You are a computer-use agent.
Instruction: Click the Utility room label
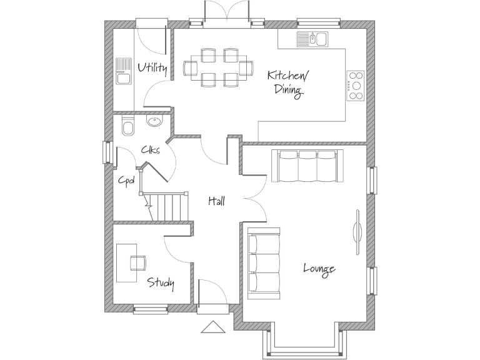(x=152, y=67)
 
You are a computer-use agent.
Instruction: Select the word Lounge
(x=319, y=269)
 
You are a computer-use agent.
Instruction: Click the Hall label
(x=216, y=201)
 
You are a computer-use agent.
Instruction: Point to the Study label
(x=161, y=283)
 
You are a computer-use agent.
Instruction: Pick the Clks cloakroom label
(x=150, y=150)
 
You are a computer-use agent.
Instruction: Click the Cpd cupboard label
(x=127, y=180)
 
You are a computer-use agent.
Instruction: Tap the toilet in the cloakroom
(x=128, y=127)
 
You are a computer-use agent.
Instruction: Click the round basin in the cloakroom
(x=154, y=121)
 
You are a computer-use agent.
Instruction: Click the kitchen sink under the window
(x=312, y=39)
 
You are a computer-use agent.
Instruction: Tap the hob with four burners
(x=356, y=84)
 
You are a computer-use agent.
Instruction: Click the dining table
(x=218, y=67)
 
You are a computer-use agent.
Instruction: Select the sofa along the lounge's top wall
(x=307, y=166)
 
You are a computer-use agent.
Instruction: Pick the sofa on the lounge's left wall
(x=262, y=261)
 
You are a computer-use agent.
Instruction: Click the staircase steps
(x=167, y=207)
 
